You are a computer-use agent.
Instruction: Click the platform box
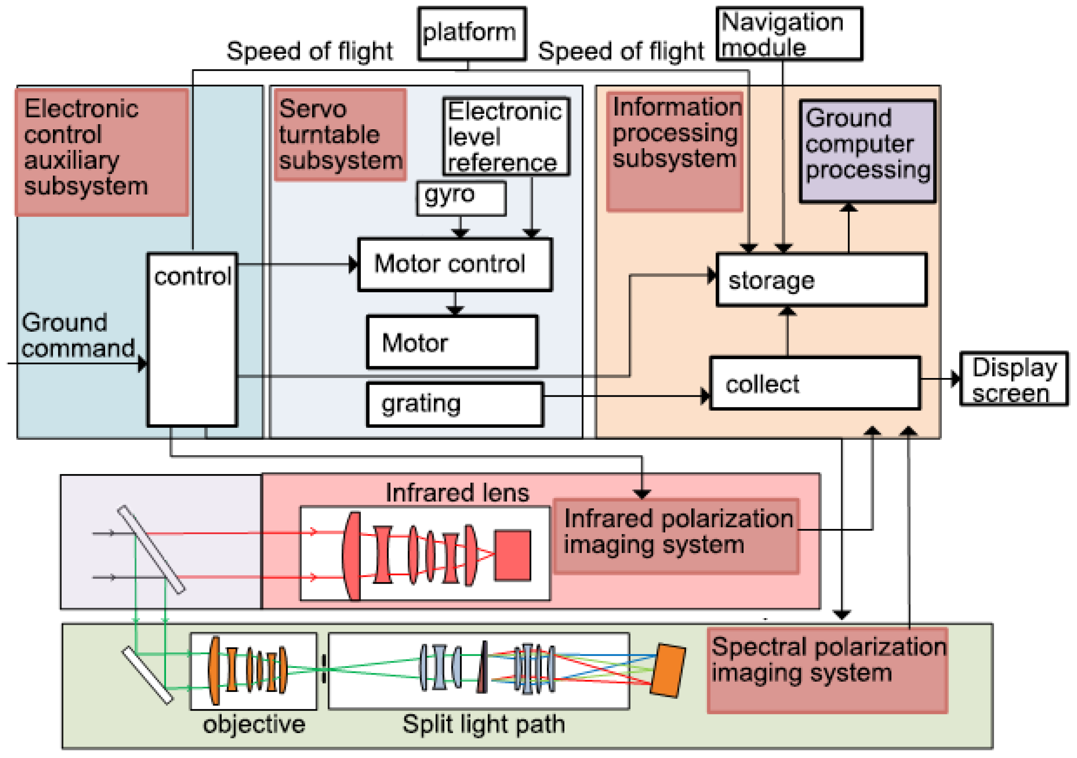click(x=472, y=33)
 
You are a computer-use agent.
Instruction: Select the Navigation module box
click(x=789, y=34)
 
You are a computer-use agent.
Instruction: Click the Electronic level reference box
click(x=505, y=136)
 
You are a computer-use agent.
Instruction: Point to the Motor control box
click(x=455, y=265)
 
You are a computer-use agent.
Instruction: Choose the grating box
click(x=455, y=404)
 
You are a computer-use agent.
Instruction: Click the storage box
click(x=821, y=280)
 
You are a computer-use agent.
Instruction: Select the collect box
click(x=815, y=384)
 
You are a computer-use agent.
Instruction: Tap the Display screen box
click(x=1014, y=379)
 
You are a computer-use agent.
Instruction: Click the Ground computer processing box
click(x=867, y=151)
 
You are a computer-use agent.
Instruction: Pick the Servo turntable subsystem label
click(x=340, y=135)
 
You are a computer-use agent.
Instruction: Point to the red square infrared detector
click(x=512, y=555)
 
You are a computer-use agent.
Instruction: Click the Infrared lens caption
click(x=457, y=493)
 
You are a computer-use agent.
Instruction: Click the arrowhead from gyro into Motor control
click(x=460, y=233)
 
